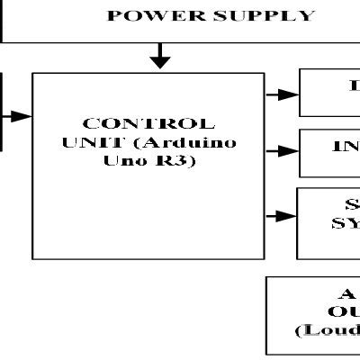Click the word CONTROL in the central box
pos(148,124)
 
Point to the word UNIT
pos(85,142)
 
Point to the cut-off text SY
pos(345,222)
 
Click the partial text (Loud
pos(328,330)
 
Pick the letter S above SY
pos(351,204)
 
